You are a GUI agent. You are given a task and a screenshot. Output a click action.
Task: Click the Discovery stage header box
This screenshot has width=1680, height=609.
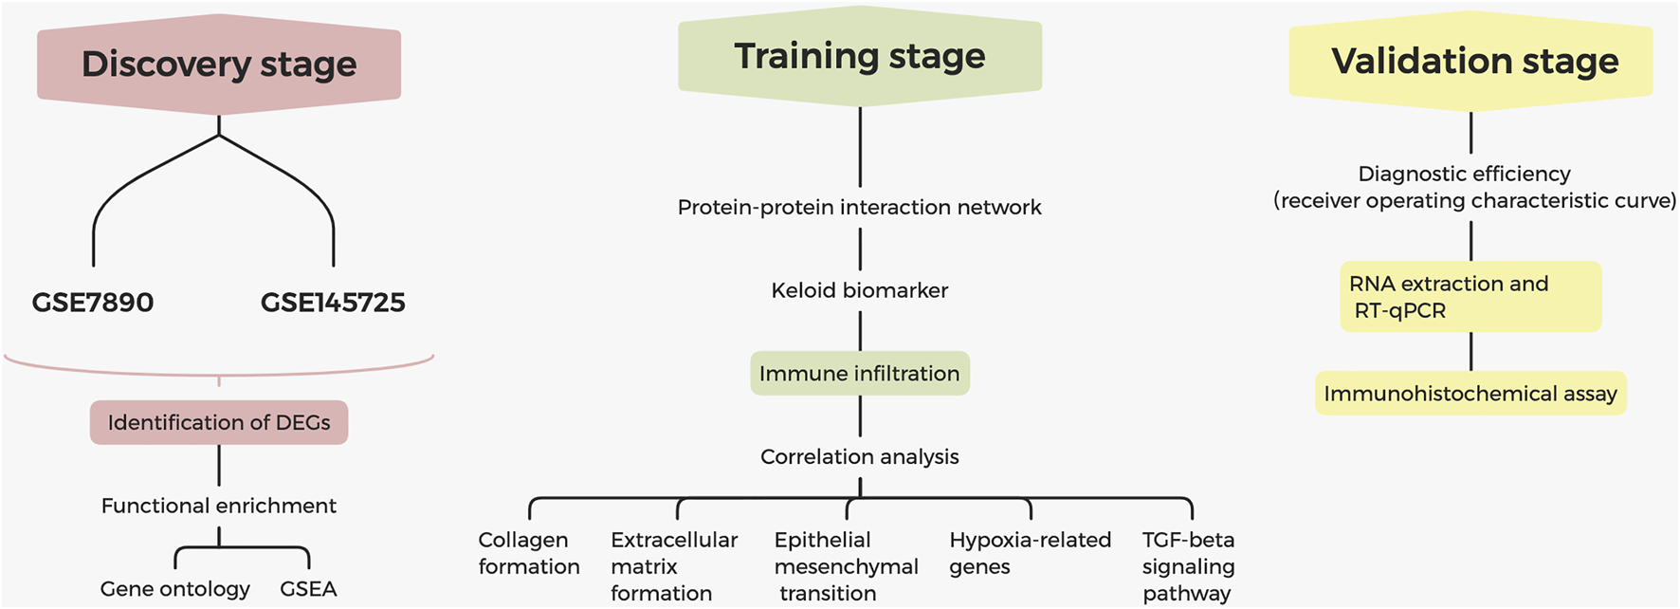coord(219,65)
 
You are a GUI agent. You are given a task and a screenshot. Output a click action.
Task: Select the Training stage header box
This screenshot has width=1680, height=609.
coord(860,56)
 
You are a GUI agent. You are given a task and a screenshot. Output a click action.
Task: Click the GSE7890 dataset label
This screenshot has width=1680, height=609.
coord(93,303)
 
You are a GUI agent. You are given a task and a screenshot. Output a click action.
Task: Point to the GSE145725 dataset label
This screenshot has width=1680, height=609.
coord(333,303)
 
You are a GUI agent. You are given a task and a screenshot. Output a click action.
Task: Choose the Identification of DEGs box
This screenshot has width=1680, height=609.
coord(219,422)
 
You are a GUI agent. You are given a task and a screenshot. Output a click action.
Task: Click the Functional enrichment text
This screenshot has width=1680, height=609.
coord(219,506)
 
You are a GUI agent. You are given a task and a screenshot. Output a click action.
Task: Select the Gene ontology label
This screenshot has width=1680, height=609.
coord(175,589)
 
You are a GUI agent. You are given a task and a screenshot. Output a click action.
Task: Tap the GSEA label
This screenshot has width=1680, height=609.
coord(308,589)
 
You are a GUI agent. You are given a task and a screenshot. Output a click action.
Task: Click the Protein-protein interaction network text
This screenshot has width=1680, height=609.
coord(860,207)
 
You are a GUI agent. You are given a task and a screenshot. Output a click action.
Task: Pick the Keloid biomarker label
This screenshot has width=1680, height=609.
coord(860,290)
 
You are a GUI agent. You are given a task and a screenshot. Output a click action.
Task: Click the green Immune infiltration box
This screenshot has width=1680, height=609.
coord(860,374)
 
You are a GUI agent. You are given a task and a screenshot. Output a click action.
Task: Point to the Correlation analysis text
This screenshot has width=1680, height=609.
coord(860,456)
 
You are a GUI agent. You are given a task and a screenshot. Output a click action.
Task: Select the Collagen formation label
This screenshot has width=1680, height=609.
coord(529,553)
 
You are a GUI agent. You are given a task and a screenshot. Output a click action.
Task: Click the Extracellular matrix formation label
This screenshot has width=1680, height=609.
coord(673,566)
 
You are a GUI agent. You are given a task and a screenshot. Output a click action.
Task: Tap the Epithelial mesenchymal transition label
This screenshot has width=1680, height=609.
coord(846,566)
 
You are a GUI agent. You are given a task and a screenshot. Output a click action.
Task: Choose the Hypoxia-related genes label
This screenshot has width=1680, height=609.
coord(1030,553)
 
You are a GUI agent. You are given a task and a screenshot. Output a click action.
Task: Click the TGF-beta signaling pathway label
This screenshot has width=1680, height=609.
coord(1188,566)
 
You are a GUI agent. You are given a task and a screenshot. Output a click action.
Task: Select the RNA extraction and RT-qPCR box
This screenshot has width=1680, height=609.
coord(1470,297)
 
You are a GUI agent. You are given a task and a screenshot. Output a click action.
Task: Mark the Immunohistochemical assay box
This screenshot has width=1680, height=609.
coord(1470,394)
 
